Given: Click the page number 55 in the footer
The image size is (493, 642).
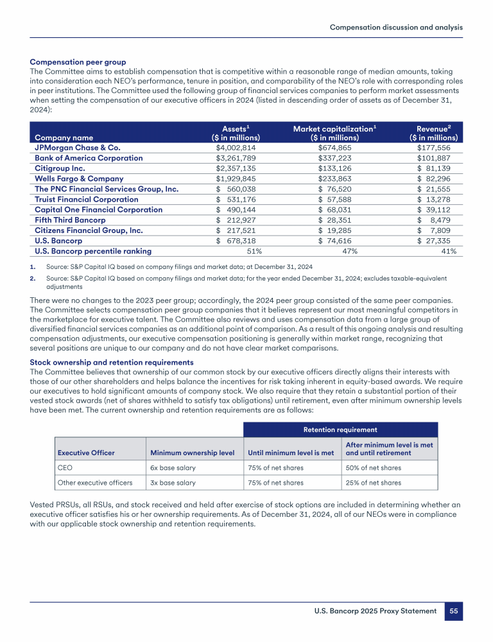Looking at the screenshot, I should tap(454, 611).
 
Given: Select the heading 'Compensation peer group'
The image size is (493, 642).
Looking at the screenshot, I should tap(78, 62).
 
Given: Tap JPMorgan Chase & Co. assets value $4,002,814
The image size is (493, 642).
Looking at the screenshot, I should tap(237, 148).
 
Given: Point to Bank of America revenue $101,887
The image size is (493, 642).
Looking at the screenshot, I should tap(437, 158).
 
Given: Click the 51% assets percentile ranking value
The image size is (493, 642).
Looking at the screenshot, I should tap(254, 251).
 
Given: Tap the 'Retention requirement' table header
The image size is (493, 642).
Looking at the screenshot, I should tap(340, 429).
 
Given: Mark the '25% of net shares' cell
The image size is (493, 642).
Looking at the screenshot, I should tap(373, 483).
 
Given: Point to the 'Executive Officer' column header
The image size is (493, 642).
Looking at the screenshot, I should tap(86, 453).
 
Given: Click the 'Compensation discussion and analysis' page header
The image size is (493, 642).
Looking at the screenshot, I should tap(396, 28).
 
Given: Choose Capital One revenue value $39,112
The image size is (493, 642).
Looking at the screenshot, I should tap(437, 209).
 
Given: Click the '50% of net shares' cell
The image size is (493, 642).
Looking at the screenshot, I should tap(373, 467).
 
